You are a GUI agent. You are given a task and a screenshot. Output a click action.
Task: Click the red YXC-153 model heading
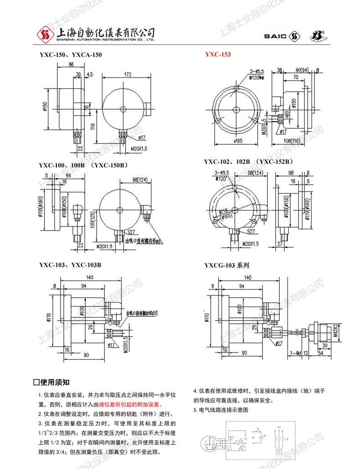(218, 55)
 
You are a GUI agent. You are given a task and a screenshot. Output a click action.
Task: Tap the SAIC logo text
(275, 36)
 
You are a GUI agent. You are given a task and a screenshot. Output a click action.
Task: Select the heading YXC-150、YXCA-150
(71, 55)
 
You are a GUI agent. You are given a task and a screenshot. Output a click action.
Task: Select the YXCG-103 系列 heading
(226, 265)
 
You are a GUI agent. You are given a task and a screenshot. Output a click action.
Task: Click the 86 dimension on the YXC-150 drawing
(71, 65)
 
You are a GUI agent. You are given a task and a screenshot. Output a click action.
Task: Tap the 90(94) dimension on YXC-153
(302, 70)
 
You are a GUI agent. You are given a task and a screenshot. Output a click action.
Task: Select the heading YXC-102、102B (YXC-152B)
(247, 162)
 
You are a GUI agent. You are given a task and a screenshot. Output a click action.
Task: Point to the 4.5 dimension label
(89, 74)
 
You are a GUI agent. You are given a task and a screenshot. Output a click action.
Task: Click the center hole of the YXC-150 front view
(123, 109)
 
